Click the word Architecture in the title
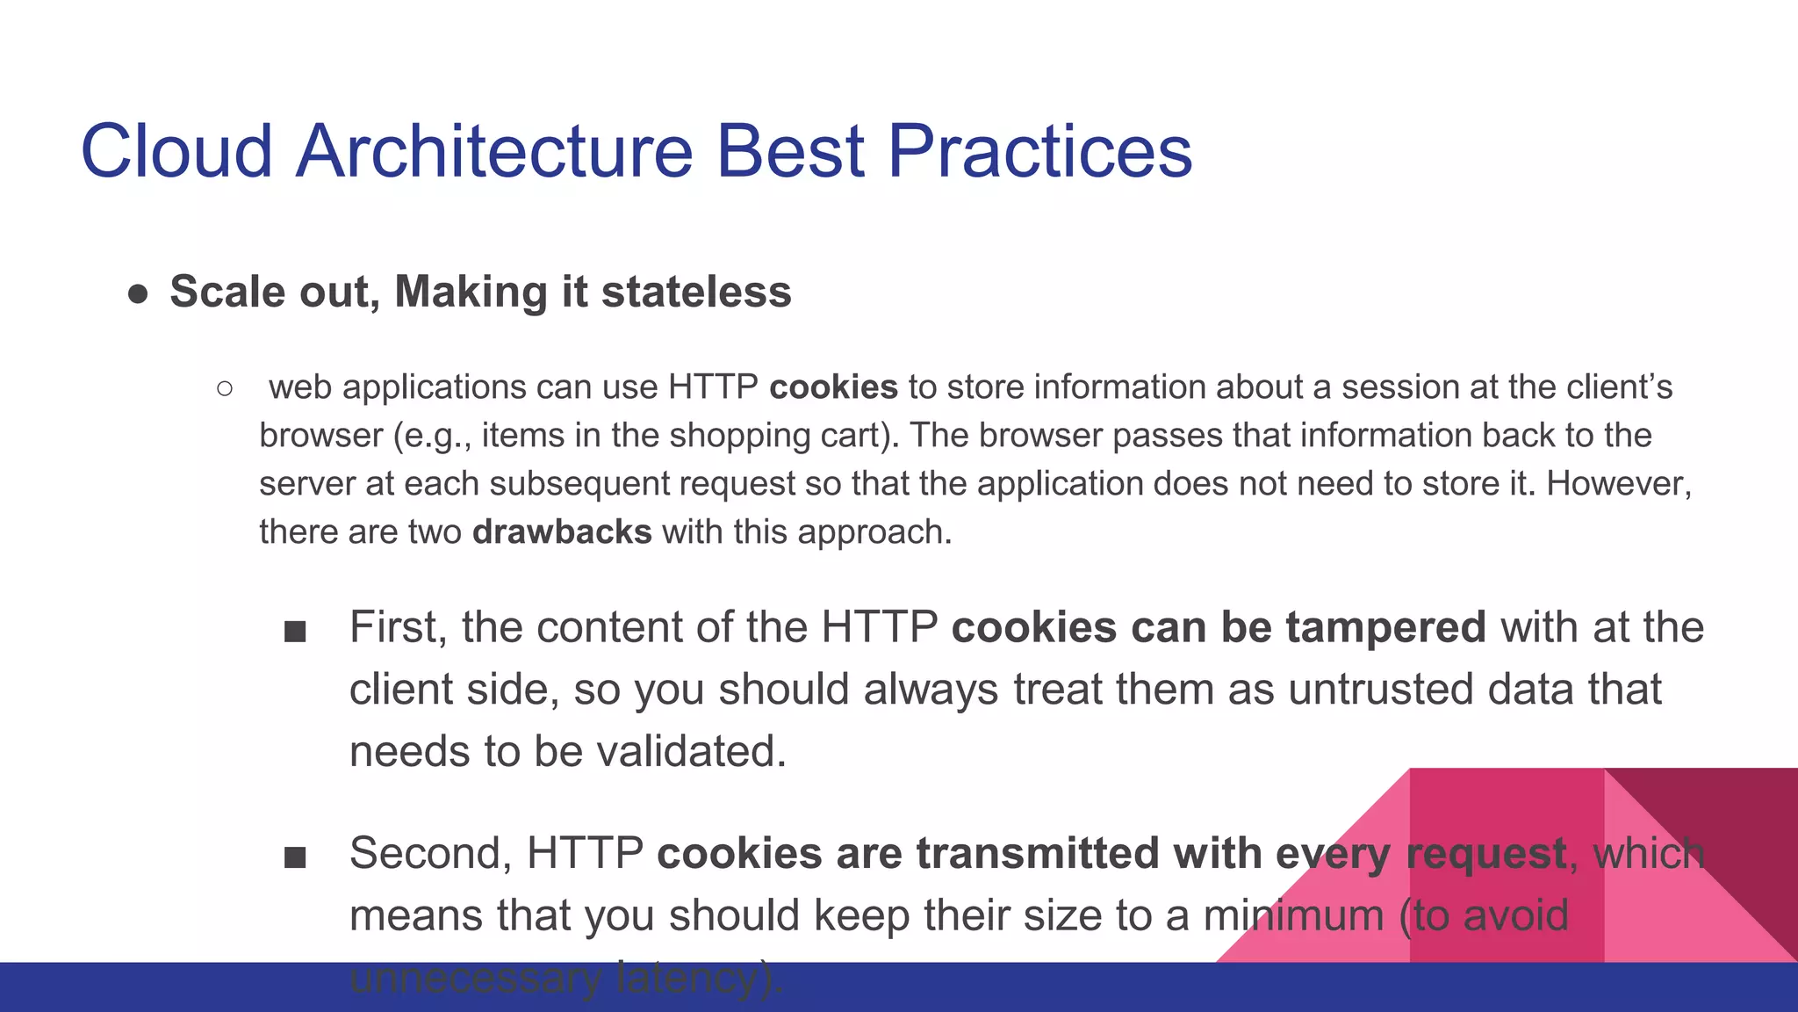point(494,151)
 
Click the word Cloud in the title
point(176,151)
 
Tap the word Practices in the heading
point(1039,151)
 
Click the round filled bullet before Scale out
point(138,294)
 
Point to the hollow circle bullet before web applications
point(225,388)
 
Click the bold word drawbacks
point(562,532)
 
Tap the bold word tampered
point(1386,627)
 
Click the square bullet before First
point(295,632)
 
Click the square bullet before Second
point(295,857)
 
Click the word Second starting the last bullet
point(430,854)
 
